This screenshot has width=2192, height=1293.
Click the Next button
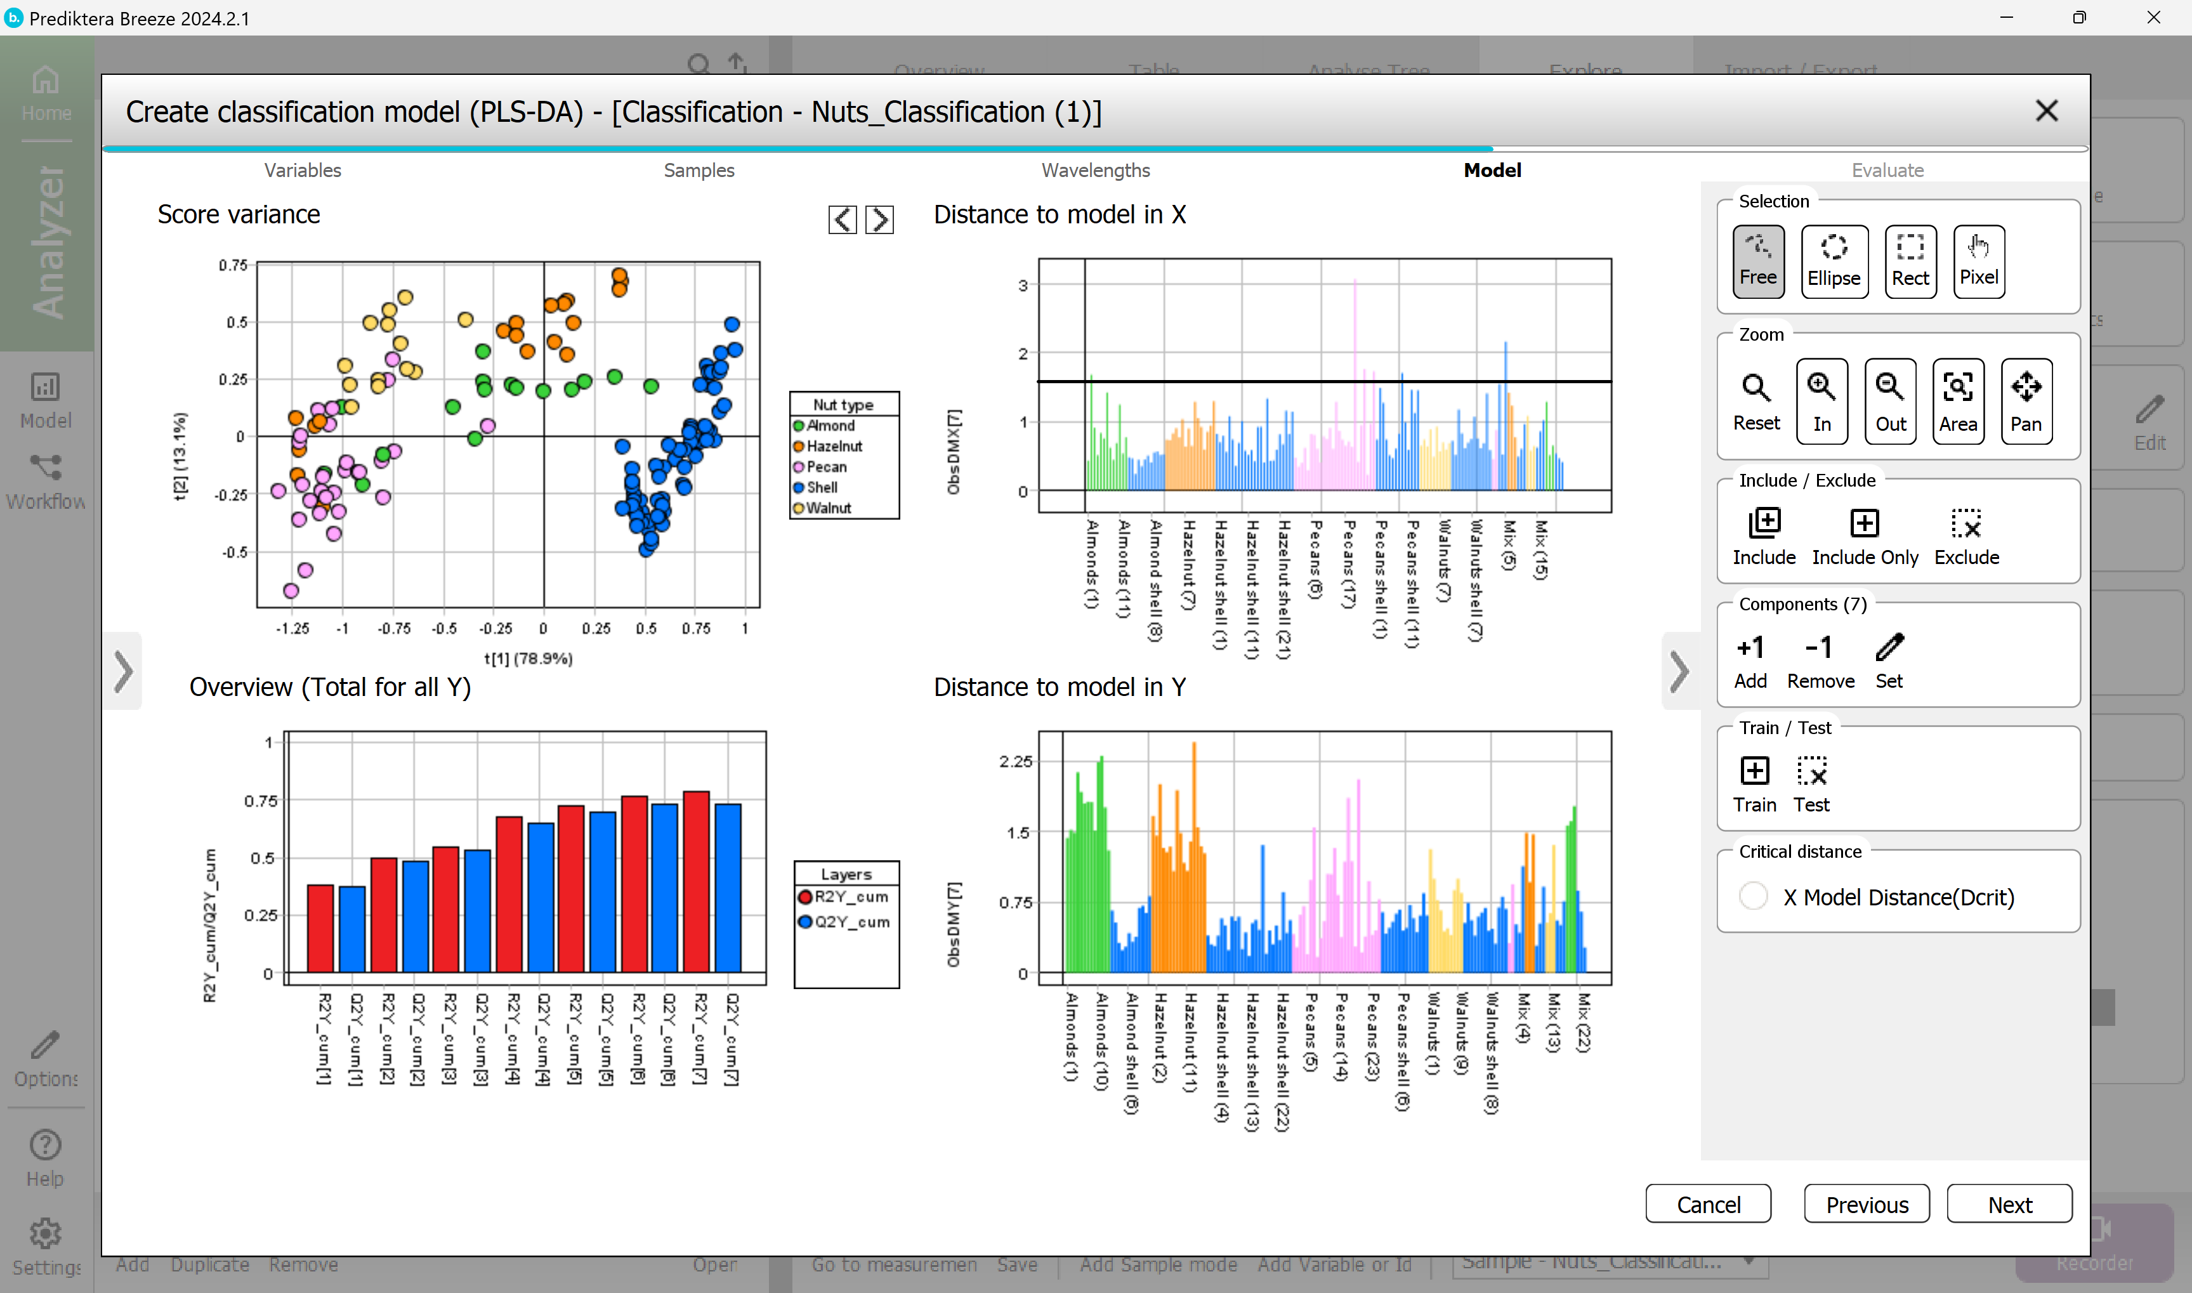tap(2009, 1204)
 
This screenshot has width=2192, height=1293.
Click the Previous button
tap(1866, 1204)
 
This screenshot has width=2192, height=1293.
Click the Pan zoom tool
tap(2026, 401)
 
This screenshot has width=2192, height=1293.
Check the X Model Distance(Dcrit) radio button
tap(1753, 896)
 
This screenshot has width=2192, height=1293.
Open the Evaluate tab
tap(1887, 170)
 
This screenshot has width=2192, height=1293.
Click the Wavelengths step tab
tap(1095, 170)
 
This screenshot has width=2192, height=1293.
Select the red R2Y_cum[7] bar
tap(696, 880)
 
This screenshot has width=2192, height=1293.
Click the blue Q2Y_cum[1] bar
tap(352, 928)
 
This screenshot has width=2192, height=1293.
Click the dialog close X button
tap(2045, 110)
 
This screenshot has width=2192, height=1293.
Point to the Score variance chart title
tap(239, 214)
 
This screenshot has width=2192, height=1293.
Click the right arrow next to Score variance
tap(879, 220)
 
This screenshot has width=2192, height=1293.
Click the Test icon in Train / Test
tap(1811, 784)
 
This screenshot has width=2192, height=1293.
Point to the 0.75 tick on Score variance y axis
tap(233, 265)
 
